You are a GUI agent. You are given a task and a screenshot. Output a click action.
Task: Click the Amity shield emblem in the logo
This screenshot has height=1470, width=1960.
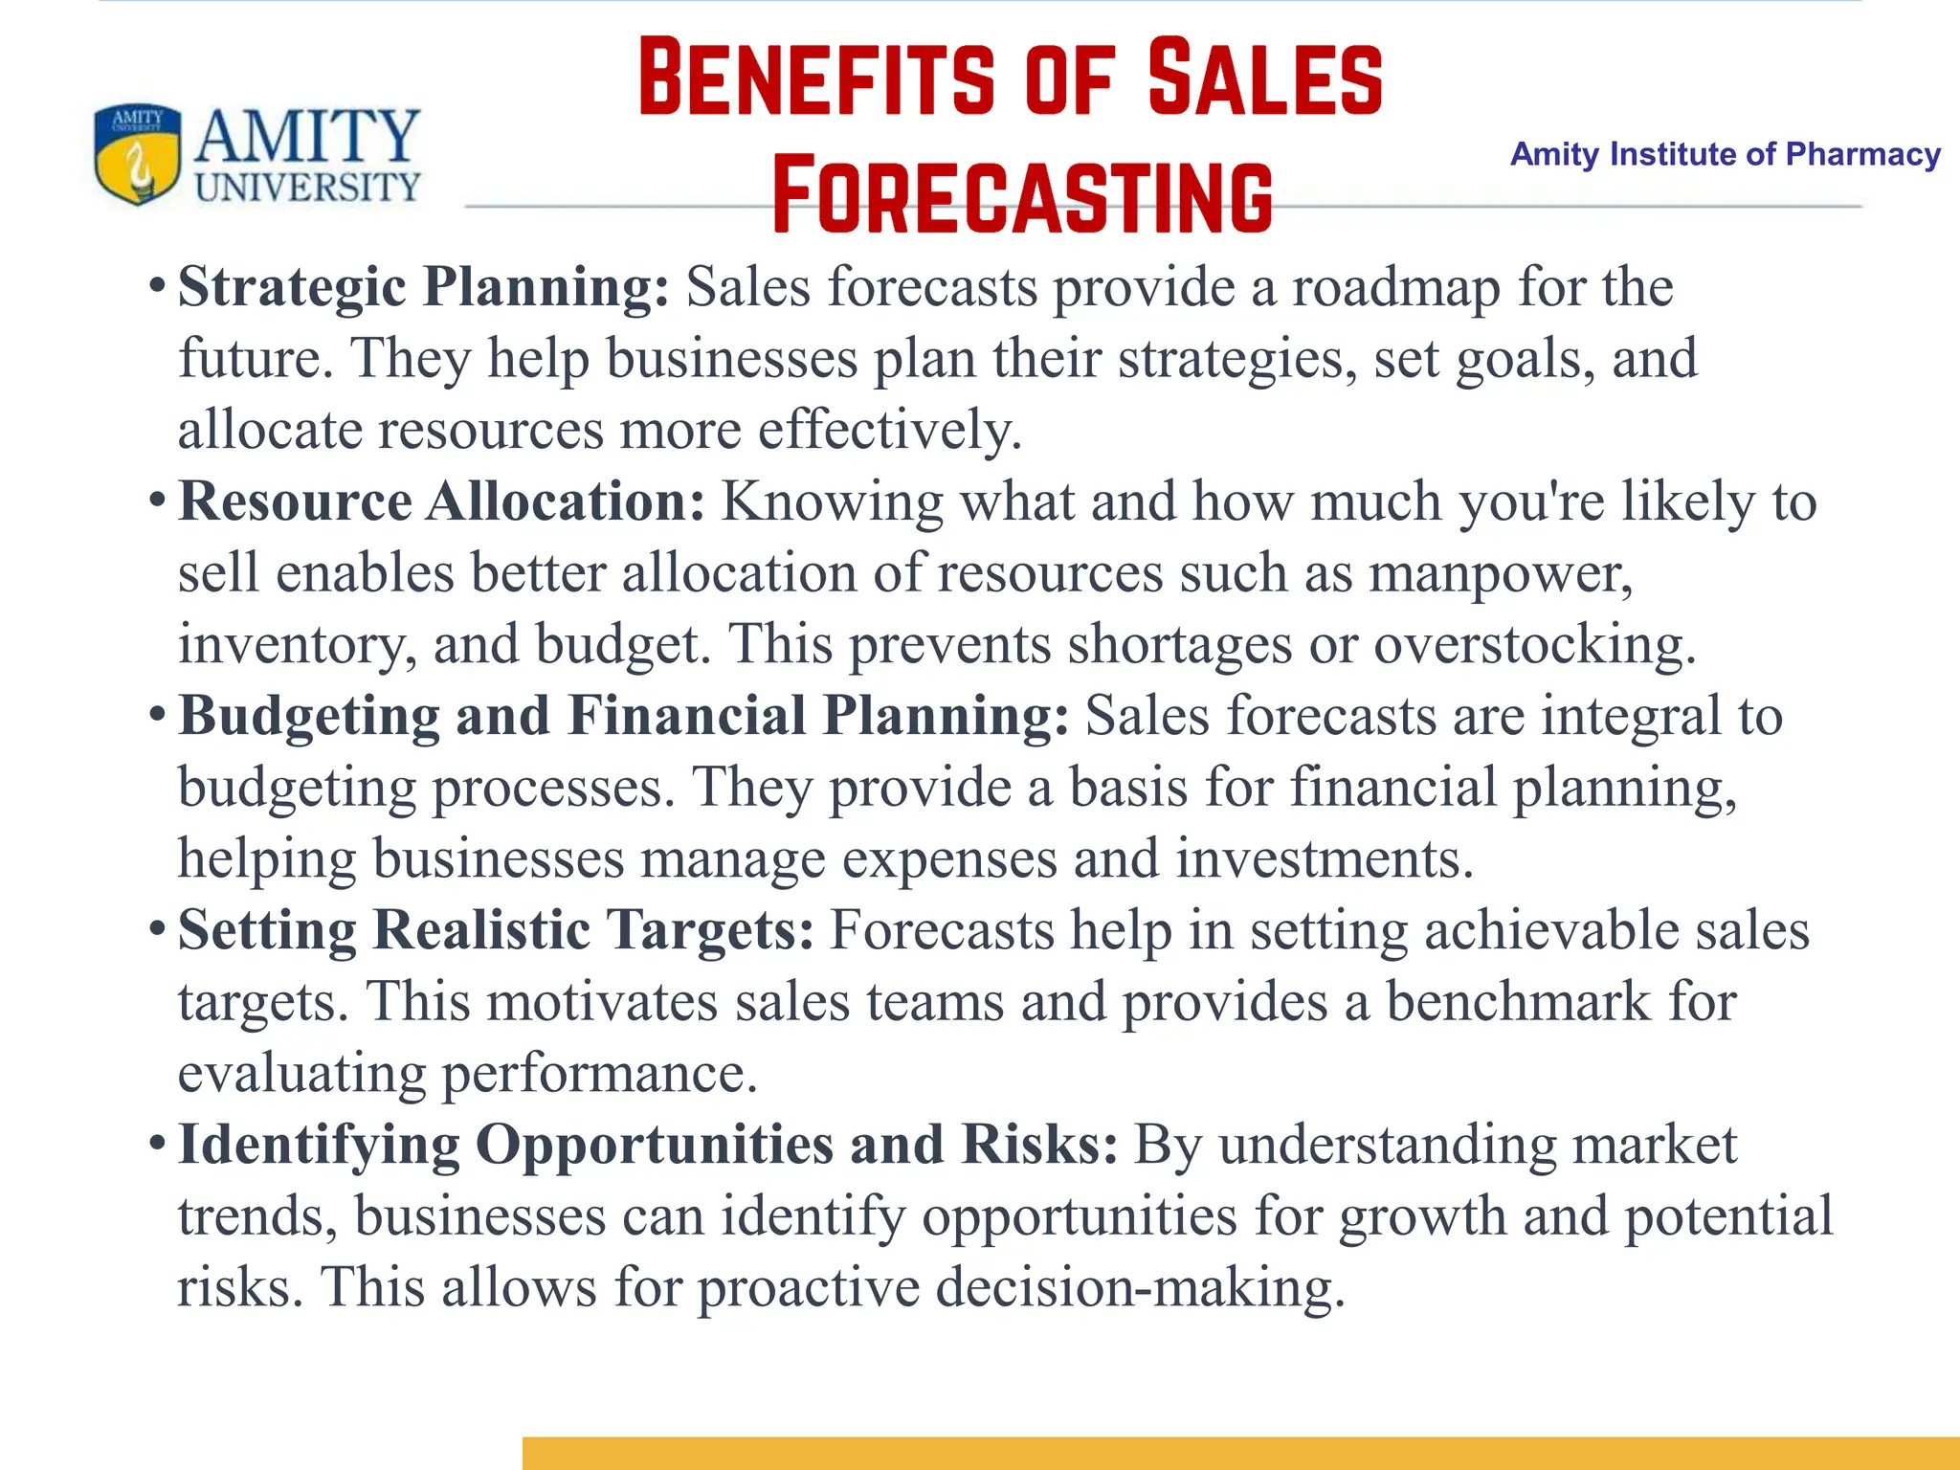tap(137, 154)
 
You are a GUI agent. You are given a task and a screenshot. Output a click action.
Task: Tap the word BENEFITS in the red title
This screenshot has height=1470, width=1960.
tap(815, 78)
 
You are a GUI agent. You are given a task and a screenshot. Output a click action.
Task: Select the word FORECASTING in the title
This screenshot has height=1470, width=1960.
tap(1022, 197)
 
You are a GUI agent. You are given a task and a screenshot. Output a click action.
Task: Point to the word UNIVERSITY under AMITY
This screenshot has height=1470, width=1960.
tap(307, 187)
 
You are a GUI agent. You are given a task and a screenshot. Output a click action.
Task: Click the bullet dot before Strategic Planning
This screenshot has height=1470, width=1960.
tap(158, 287)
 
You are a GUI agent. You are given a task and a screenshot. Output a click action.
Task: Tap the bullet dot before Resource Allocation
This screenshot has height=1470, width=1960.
tap(158, 501)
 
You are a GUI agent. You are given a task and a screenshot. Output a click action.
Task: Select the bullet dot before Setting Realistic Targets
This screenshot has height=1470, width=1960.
tap(158, 929)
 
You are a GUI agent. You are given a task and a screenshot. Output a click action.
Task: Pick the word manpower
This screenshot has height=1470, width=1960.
tap(1500, 573)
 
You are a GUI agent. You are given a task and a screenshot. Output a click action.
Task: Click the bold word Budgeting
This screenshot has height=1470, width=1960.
tap(309, 716)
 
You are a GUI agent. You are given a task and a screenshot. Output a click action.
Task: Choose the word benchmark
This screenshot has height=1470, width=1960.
tap(1519, 1001)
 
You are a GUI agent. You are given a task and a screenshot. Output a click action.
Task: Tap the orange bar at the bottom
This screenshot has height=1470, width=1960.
tap(1240, 1453)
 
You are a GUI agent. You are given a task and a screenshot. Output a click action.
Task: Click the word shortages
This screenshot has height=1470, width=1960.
tap(1179, 644)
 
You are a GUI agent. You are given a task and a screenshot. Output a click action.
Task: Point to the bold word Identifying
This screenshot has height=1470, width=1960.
tap(319, 1145)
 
